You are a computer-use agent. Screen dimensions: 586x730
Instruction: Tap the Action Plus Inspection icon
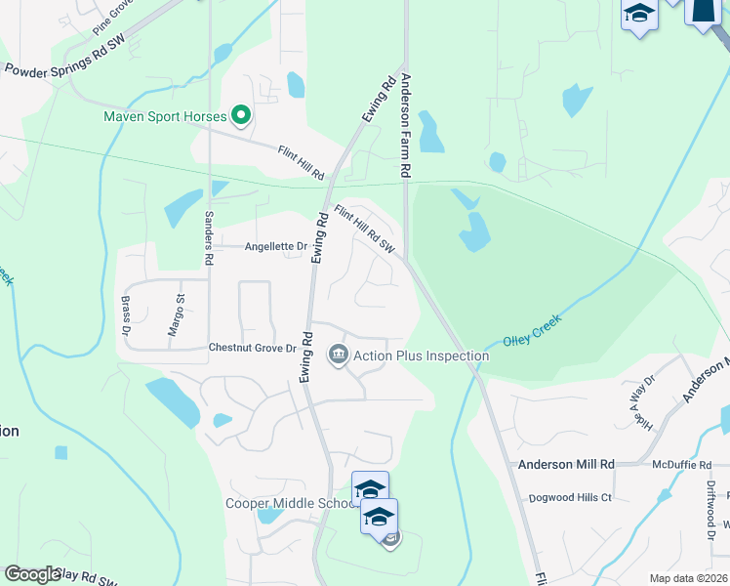pos(338,354)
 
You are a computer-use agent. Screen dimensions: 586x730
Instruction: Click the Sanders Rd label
pos(208,239)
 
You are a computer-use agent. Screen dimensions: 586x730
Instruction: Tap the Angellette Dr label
pos(275,247)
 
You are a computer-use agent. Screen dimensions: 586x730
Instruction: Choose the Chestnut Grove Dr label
pos(252,348)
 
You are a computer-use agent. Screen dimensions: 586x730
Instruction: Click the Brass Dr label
pos(126,314)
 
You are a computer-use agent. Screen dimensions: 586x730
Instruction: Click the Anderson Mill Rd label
pos(566,465)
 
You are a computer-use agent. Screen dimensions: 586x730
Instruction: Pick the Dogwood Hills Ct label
pos(570,497)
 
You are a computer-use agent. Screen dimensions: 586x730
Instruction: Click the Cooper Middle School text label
pos(288,503)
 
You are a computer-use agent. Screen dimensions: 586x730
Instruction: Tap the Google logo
pos(33,574)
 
